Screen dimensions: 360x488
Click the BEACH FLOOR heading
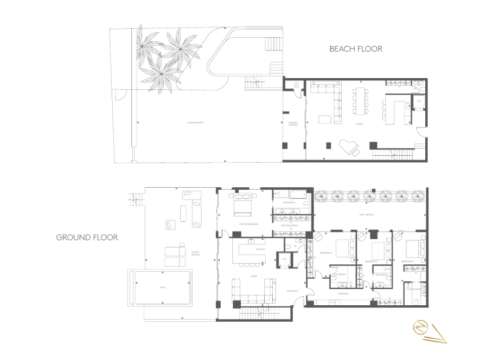coord(356,49)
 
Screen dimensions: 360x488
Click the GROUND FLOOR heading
coord(87,237)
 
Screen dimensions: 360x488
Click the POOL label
coord(162,288)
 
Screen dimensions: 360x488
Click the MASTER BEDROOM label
coord(248,224)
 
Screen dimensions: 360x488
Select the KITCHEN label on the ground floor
coord(260,249)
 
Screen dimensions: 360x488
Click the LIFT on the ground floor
coord(284,259)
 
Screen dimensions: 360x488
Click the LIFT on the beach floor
coord(419,101)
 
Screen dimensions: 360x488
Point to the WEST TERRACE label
coord(367,215)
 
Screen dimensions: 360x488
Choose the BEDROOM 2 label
coord(371,262)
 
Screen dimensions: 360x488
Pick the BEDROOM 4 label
coord(407,262)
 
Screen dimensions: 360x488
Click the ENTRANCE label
coord(292,291)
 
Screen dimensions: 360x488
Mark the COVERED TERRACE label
coord(293,124)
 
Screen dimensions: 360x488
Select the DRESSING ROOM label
coord(289,225)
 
